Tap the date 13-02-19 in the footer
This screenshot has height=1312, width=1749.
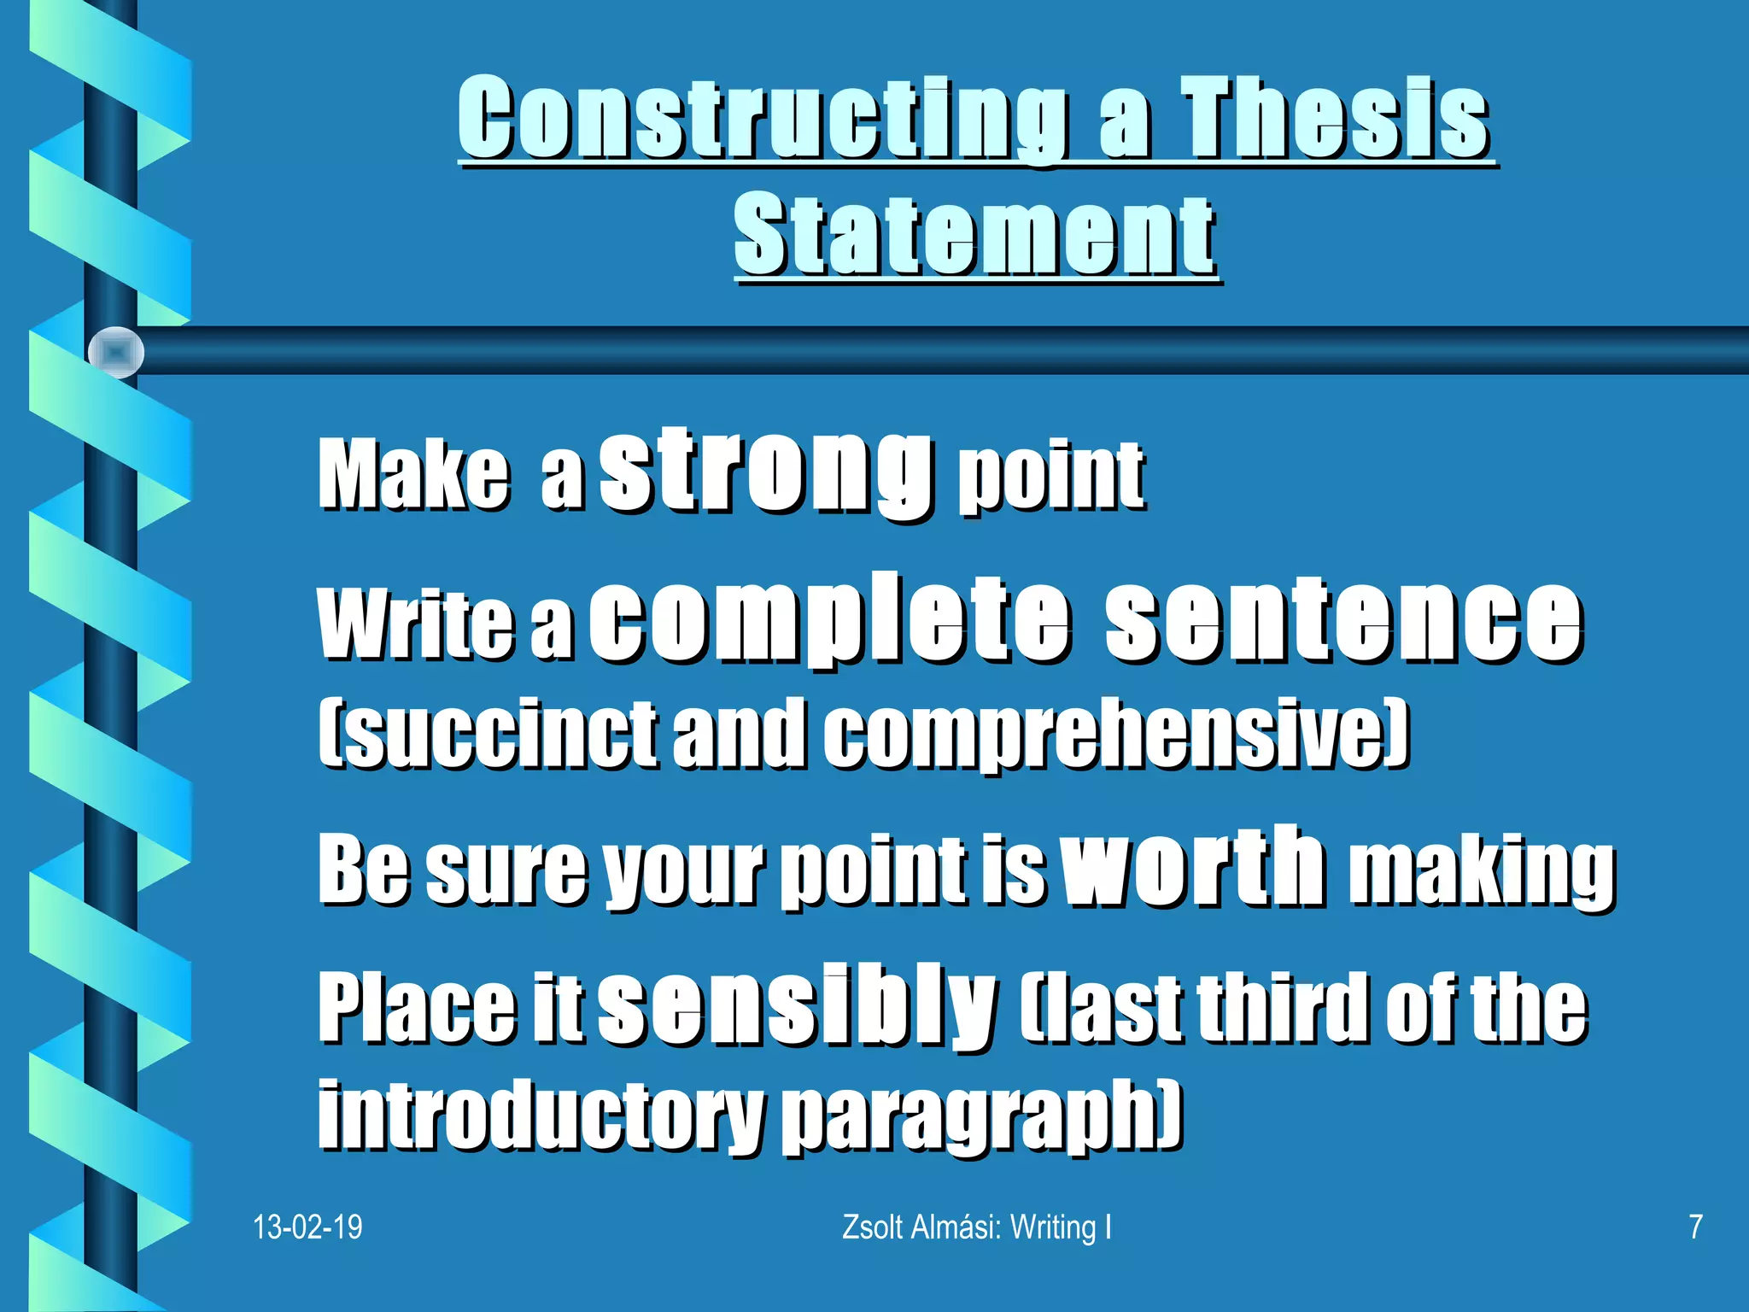pyautogui.click(x=307, y=1227)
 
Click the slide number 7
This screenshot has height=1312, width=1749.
pyautogui.click(x=1696, y=1227)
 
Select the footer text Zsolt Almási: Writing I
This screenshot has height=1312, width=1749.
pyautogui.click(x=977, y=1227)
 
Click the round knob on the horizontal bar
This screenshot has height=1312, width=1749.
pyautogui.click(x=116, y=352)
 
